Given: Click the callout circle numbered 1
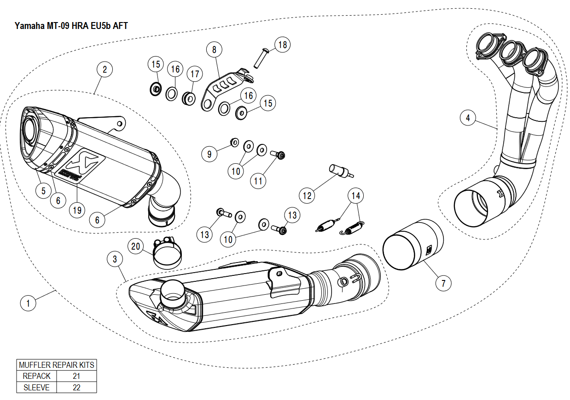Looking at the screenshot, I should pos(29,303).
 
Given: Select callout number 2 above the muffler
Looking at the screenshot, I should pos(105,70).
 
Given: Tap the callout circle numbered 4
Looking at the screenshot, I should pos(468,118).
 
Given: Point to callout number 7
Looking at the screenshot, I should pos(443,283).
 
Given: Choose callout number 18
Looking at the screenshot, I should pos(283,45).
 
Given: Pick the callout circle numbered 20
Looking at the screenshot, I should pos(135,246).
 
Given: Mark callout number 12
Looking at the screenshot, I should pos(308,195).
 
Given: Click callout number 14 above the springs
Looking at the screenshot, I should pos(355,195).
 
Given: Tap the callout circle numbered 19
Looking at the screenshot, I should pos(77,210).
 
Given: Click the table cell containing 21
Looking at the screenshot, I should pos(76,376).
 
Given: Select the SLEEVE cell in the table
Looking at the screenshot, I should pos(36,387).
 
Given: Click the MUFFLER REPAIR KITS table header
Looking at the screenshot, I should pos(57,365).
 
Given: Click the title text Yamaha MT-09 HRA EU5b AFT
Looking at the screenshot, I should pos(71,26).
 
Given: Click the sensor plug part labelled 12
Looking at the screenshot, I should pos(340,171).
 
